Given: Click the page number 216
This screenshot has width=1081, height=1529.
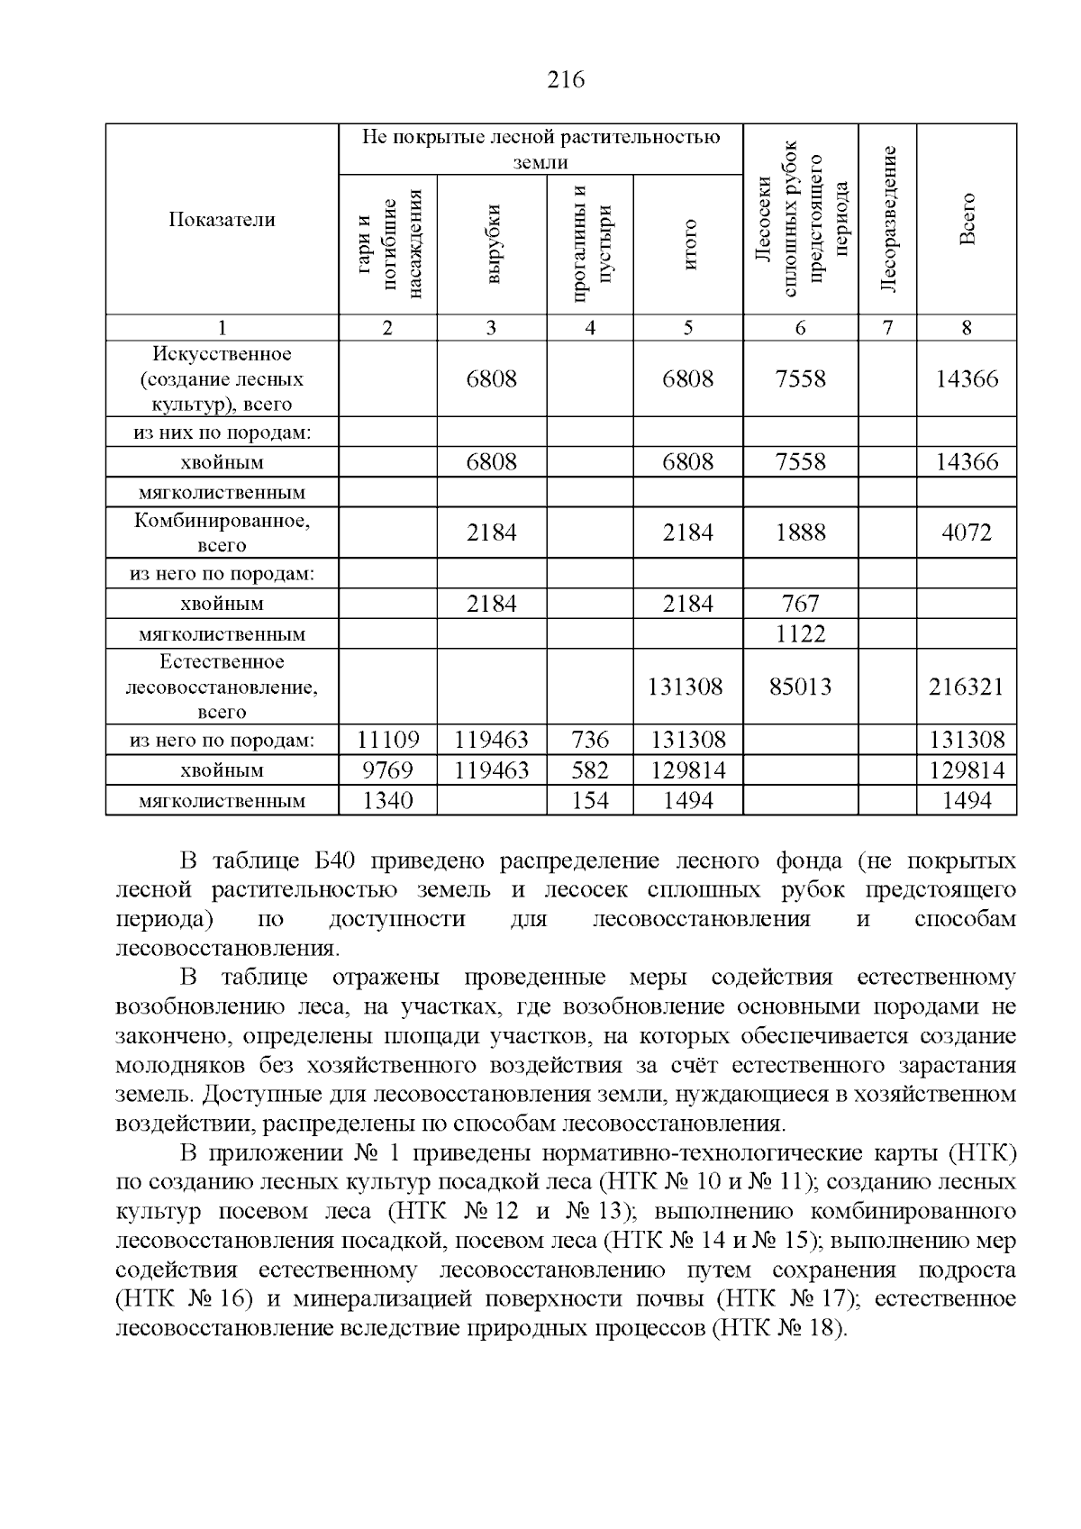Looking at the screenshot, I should tap(566, 80).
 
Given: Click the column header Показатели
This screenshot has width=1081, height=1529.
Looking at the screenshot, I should tap(222, 220).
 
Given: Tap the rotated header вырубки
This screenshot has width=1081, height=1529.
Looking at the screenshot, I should tap(492, 245).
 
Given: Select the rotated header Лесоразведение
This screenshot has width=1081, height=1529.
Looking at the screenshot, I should tap(887, 219).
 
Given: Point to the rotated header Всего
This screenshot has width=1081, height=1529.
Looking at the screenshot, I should tap(967, 219).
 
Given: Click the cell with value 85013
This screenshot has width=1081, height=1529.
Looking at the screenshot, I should tap(800, 687).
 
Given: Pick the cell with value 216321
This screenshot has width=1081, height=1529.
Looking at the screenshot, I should tap(966, 687).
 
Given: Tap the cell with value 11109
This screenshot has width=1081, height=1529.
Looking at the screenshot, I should tap(387, 741).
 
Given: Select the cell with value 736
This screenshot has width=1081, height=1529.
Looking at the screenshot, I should tap(590, 741).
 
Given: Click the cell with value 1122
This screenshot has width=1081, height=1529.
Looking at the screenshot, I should tap(800, 634).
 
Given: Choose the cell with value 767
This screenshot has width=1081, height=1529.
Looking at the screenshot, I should tap(800, 604).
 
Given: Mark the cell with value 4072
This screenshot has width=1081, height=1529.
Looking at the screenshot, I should tap(966, 532).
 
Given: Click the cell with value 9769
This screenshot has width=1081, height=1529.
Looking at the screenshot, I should tap(387, 770).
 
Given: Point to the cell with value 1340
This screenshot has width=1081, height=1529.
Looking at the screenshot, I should tap(387, 800).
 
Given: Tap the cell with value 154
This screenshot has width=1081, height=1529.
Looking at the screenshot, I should tap(590, 800).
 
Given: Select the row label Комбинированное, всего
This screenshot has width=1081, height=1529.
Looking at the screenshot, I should tap(222, 532).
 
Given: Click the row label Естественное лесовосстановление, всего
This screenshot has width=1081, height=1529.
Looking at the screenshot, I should tap(222, 687).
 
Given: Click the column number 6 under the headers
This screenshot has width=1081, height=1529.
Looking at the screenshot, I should tap(800, 328).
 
